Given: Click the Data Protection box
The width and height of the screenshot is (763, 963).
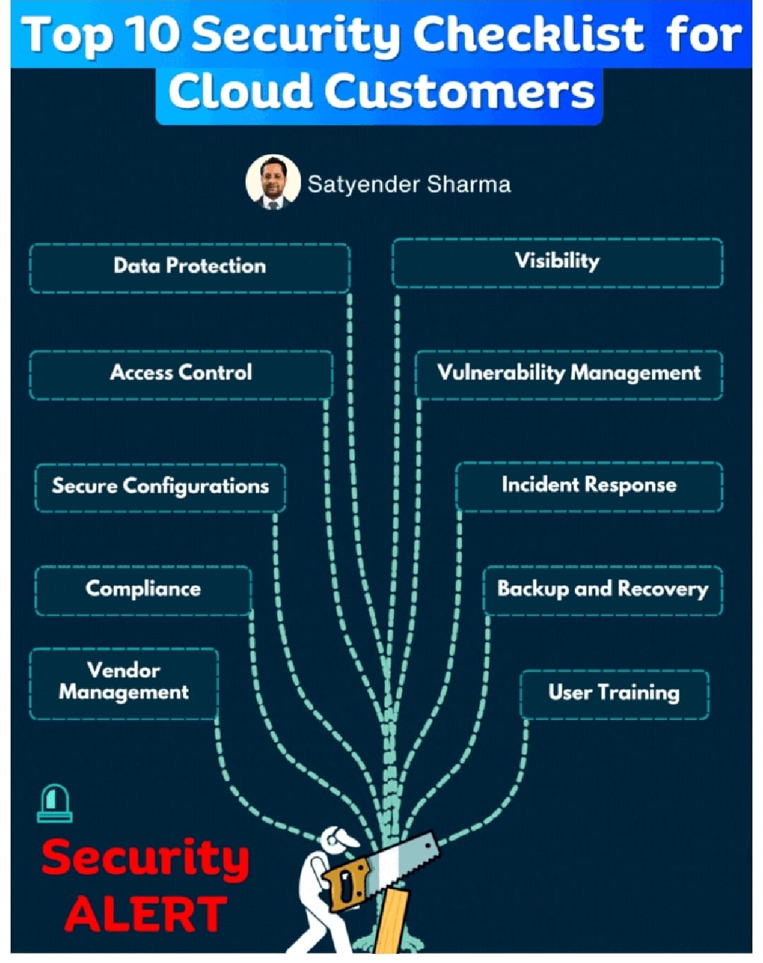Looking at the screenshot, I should [x=189, y=267].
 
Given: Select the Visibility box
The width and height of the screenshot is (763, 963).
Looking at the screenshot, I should [x=557, y=262].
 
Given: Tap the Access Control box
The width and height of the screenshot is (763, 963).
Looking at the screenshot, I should [x=181, y=374].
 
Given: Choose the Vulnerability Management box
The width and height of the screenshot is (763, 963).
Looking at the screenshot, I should [x=569, y=374].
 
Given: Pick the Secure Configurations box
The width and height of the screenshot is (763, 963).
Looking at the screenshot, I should [x=160, y=487].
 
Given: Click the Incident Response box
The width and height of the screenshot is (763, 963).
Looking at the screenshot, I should [x=588, y=485].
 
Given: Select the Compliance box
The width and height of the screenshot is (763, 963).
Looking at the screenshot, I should [x=143, y=589].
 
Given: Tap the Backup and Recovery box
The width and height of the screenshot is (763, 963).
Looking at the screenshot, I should [x=603, y=589].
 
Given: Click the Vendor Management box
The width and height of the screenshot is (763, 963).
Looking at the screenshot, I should [x=124, y=683].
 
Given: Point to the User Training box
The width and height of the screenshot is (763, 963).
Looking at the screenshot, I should [x=614, y=693].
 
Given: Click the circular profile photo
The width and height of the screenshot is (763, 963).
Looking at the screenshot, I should [x=273, y=182].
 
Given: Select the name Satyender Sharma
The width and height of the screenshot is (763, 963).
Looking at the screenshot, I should [x=409, y=185].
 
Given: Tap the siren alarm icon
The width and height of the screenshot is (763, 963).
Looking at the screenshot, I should [x=55, y=803].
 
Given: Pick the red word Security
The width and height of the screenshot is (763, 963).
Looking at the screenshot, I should [x=146, y=858].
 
